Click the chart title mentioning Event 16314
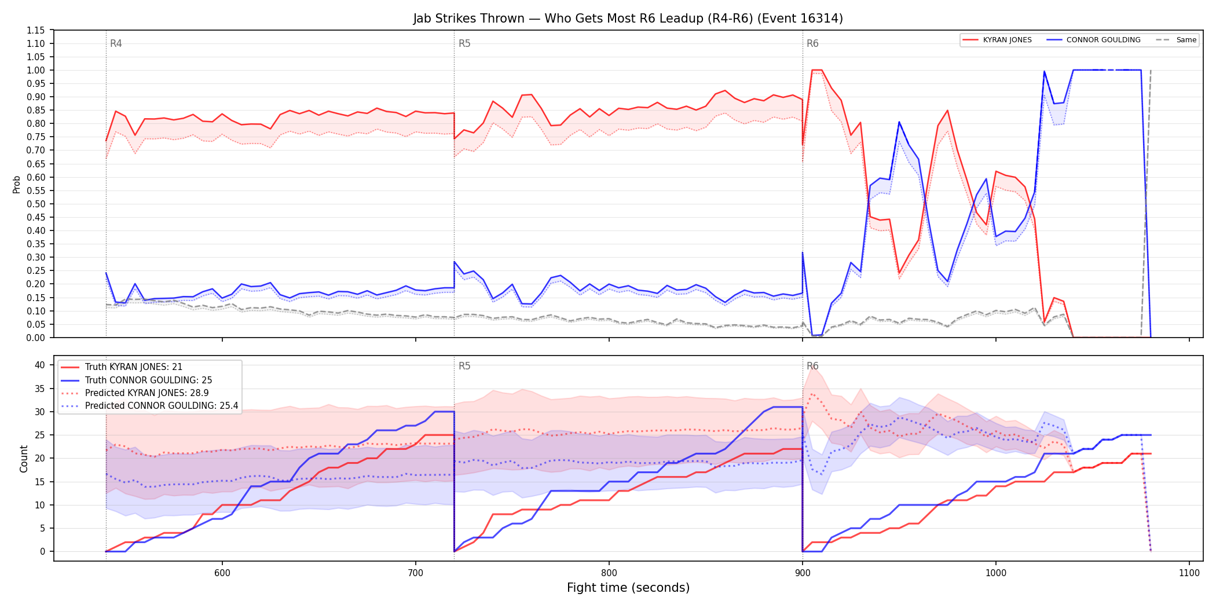(x=628, y=19)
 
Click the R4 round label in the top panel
(x=116, y=43)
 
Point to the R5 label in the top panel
(x=464, y=43)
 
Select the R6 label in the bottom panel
(x=812, y=366)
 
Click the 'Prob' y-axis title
(x=17, y=184)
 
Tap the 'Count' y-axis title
(x=24, y=459)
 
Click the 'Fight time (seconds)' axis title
(x=628, y=588)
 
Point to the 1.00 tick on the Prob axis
(x=35, y=70)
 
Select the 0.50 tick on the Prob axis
(x=35, y=204)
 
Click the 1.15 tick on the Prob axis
(x=35, y=30)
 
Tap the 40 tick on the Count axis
(x=39, y=365)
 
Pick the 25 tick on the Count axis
(x=39, y=435)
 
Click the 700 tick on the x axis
(x=415, y=573)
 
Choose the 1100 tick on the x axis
(x=1189, y=573)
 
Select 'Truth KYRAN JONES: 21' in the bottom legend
(x=134, y=367)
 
